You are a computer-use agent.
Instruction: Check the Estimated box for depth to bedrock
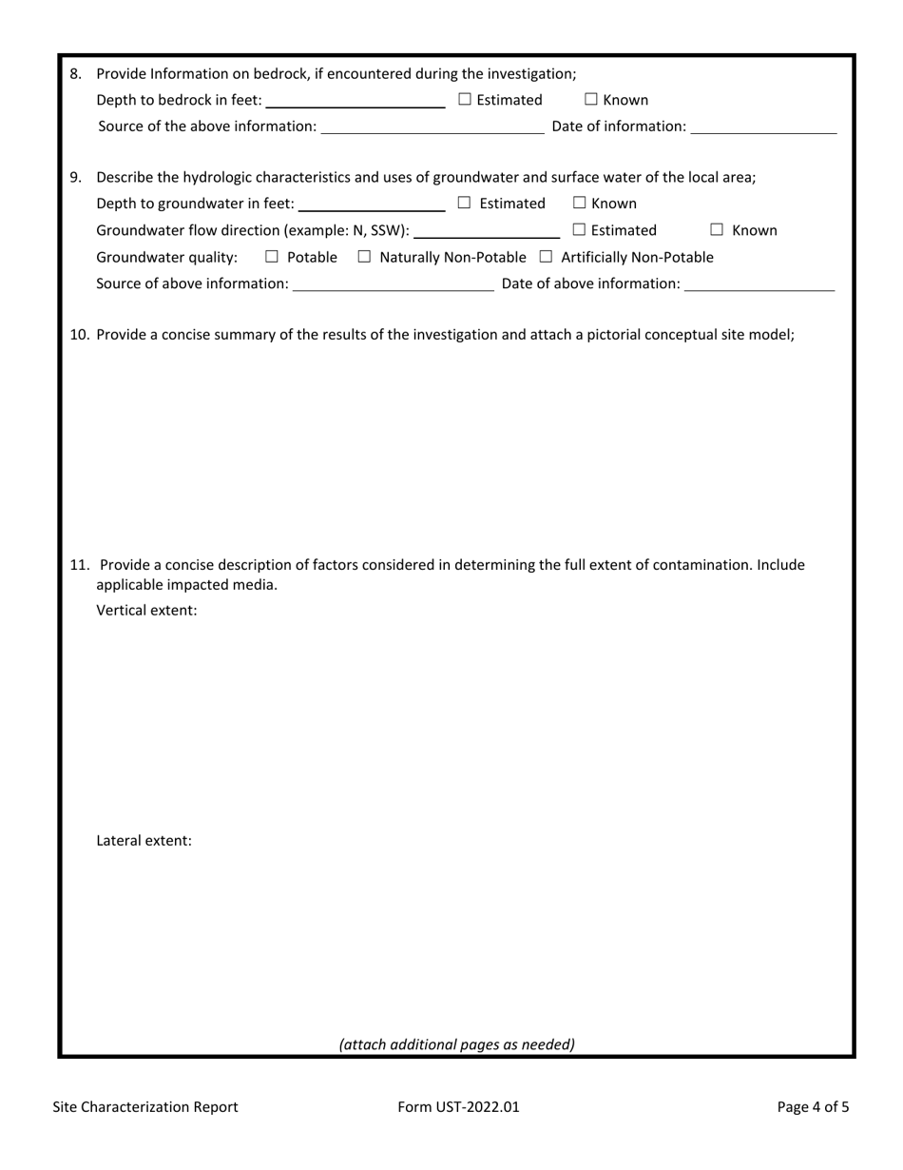tap(465, 100)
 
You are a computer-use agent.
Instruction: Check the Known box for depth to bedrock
tap(591, 100)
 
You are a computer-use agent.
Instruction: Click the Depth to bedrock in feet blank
tap(356, 101)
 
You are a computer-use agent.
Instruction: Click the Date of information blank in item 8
tap(763, 127)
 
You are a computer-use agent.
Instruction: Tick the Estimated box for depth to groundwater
tap(465, 204)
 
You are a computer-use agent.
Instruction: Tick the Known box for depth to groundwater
tap(580, 204)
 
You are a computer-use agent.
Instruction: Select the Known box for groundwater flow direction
tap(718, 230)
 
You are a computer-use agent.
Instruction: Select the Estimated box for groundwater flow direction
tap(579, 230)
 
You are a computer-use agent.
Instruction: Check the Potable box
tap(272, 257)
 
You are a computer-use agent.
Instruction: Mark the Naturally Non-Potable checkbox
tap(364, 257)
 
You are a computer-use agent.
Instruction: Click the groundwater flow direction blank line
tap(487, 231)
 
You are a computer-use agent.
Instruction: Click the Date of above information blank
tap(759, 284)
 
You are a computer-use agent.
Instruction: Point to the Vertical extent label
tap(146, 611)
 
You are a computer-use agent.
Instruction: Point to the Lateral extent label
tap(144, 841)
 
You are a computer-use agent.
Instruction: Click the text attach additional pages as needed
tap(456, 1044)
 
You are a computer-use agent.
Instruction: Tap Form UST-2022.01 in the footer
tap(459, 1106)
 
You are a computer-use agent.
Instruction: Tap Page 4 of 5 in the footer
tap(813, 1106)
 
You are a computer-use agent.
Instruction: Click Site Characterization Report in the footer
tap(145, 1106)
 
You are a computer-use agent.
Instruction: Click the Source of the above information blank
tap(432, 127)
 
